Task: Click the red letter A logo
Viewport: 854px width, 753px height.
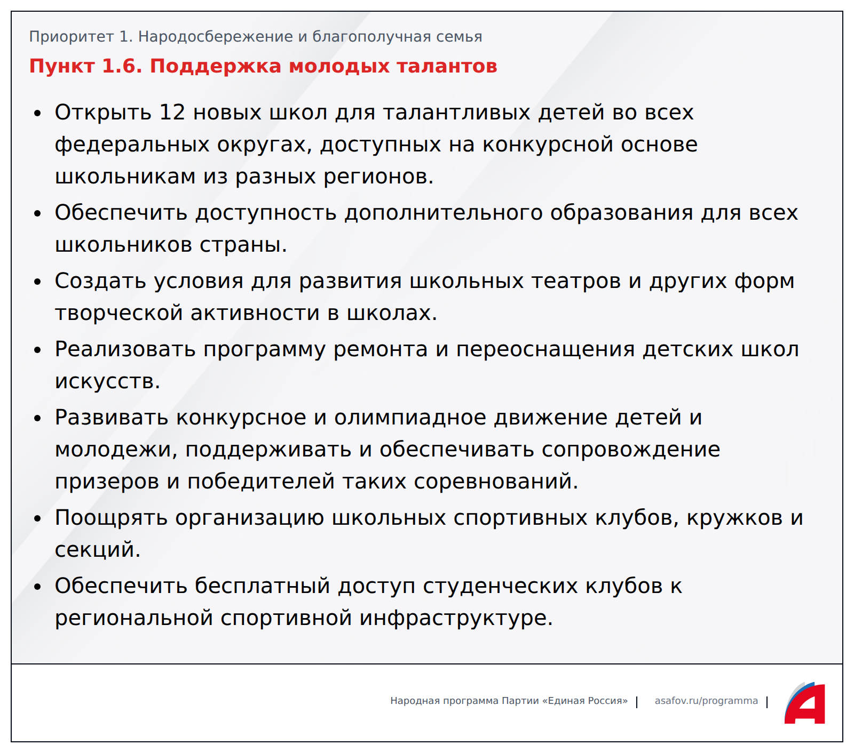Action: click(805, 703)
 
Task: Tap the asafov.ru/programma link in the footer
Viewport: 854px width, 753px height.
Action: click(706, 701)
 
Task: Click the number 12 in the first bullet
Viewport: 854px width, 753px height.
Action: click(172, 112)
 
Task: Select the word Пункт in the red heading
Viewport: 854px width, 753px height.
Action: click(61, 66)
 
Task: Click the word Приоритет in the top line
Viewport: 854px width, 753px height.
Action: click(72, 37)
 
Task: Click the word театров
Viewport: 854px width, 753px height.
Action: click(572, 281)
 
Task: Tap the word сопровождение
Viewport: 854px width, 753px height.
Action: click(631, 450)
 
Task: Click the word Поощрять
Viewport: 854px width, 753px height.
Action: click(112, 518)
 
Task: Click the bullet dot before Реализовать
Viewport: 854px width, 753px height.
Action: click(37, 350)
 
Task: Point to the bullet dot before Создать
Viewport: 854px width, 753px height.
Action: click(37, 282)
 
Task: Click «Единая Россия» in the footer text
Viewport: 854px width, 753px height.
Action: click(585, 701)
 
